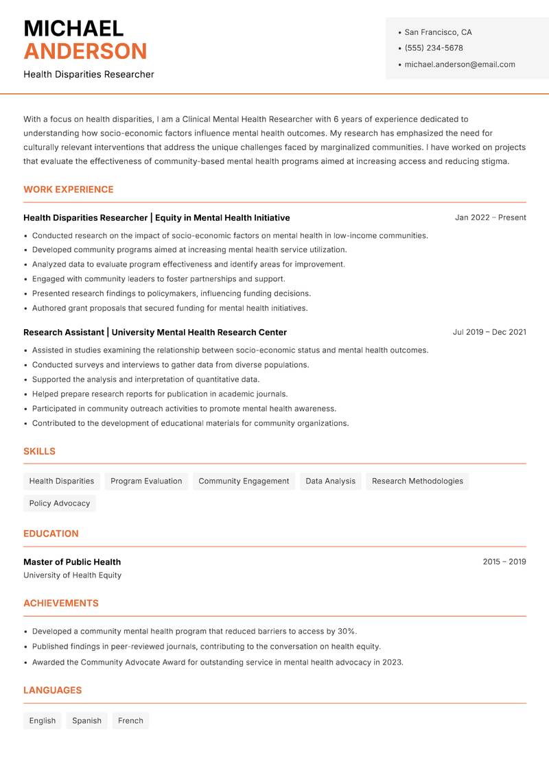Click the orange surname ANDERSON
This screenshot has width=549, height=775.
pyautogui.click(x=85, y=51)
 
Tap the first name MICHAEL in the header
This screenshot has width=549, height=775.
pyautogui.click(x=73, y=28)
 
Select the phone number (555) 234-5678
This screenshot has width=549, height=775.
pyautogui.click(x=434, y=48)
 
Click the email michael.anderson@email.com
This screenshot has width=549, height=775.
pyautogui.click(x=460, y=64)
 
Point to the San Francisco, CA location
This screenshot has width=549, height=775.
pyautogui.click(x=438, y=32)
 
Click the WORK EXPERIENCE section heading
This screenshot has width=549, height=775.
pyautogui.click(x=69, y=189)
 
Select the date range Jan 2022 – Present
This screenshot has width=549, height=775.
pyautogui.click(x=490, y=217)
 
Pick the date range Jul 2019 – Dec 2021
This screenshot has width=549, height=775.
pyautogui.click(x=489, y=332)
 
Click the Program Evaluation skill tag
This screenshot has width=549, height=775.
pyautogui.click(x=146, y=481)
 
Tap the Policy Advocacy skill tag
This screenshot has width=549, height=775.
pyautogui.click(x=60, y=503)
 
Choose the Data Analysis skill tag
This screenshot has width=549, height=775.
pyautogui.click(x=331, y=481)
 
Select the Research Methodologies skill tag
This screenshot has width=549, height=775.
pyautogui.click(x=417, y=481)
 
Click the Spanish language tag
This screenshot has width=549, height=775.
pyautogui.click(x=86, y=721)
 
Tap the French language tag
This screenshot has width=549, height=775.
pyautogui.click(x=130, y=721)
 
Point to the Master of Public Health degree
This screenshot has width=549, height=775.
pyautogui.click(x=72, y=562)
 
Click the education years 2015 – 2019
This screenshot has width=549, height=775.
pyautogui.click(x=504, y=562)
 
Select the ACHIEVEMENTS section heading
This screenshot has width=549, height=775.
pyautogui.click(x=61, y=604)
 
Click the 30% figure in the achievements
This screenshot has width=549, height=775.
pyautogui.click(x=347, y=631)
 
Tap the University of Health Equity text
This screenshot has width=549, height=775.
pyautogui.click(x=72, y=575)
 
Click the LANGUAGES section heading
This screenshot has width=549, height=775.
pyautogui.click(x=52, y=691)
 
